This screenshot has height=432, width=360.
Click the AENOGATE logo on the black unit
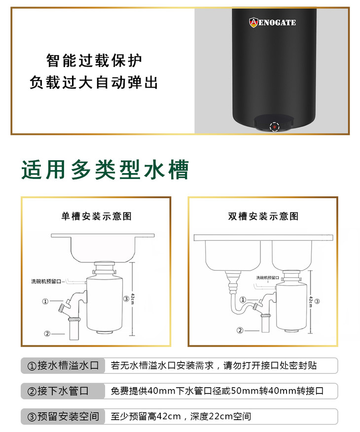click(x=272, y=22)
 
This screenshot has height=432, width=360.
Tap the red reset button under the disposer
click(x=274, y=127)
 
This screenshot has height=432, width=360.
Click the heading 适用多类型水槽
click(x=105, y=170)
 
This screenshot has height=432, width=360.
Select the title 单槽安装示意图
click(x=96, y=216)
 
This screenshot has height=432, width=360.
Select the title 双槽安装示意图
click(x=263, y=216)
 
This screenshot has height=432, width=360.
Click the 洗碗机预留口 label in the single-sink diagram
click(x=46, y=281)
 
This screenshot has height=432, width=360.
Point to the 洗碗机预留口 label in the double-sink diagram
click(x=267, y=278)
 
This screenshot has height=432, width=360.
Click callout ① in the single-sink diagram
click(x=45, y=301)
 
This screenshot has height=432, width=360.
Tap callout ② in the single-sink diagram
click(x=47, y=334)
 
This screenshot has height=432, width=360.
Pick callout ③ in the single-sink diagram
click(x=126, y=299)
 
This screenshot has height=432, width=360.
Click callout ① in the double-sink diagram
click(x=243, y=299)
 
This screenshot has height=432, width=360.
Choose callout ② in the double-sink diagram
click(x=240, y=330)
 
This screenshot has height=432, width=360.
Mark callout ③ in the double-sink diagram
click(x=317, y=301)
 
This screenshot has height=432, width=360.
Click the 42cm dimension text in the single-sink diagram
click(x=133, y=299)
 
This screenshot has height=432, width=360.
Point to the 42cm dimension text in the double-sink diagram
click(x=311, y=301)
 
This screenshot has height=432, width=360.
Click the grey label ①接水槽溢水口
click(x=63, y=365)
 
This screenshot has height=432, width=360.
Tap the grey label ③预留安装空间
click(x=63, y=416)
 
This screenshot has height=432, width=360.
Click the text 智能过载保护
click(x=94, y=61)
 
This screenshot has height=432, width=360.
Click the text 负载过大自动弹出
click(x=94, y=82)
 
